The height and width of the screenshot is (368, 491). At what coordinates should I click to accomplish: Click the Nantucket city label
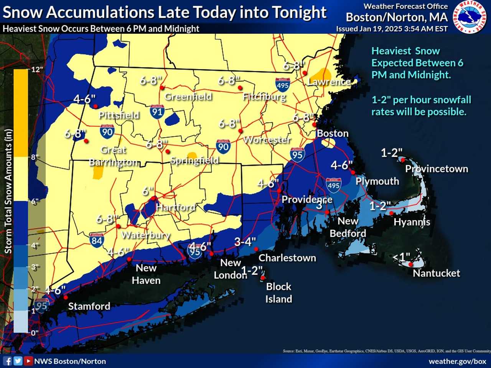[436, 273]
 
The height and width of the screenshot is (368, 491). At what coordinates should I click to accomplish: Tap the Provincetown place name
[437, 169]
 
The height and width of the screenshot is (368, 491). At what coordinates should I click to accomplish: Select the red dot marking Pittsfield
[96, 106]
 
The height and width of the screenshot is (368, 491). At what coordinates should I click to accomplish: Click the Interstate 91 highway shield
[157, 112]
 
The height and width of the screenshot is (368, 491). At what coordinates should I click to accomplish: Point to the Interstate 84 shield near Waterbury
[97, 240]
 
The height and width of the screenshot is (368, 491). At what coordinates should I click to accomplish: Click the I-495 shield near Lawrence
[282, 85]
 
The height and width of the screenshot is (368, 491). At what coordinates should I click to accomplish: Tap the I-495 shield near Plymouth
[333, 185]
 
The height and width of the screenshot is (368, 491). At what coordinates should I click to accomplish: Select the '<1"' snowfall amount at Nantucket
[401, 257]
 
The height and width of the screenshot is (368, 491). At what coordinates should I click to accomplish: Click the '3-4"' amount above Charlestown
[245, 242]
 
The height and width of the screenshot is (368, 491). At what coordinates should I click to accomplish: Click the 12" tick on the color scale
[37, 69]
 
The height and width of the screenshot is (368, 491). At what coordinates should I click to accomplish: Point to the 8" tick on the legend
[35, 157]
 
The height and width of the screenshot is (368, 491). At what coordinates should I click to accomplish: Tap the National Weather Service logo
[470, 16]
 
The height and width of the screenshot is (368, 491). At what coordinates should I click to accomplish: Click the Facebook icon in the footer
[7, 361]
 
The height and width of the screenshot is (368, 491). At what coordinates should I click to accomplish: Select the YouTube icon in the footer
[28, 361]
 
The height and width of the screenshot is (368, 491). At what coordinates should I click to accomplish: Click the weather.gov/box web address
[457, 361]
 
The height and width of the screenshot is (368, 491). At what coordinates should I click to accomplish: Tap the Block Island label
[278, 292]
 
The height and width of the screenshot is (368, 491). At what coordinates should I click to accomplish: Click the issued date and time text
[392, 29]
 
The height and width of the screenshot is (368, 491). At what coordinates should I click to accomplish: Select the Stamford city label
[89, 306]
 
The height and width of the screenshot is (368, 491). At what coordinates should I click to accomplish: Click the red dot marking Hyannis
[391, 213]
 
